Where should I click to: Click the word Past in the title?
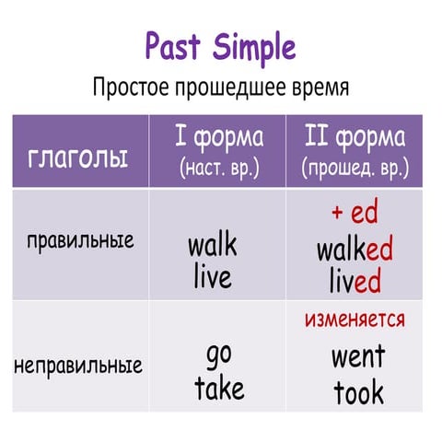(x=175, y=45)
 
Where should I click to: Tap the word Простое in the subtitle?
(x=134, y=88)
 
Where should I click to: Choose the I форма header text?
(x=218, y=138)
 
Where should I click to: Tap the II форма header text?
(x=355, y=138)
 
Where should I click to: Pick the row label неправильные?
(x=78, y=365)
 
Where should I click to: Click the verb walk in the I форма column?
(x=212, y=246)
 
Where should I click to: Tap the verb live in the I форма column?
(x=212, y=276)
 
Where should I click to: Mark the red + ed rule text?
(x=355, y=214)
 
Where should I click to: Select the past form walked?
(x=355, y=250)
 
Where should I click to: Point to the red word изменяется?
(x=355, y=320)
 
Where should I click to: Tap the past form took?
(x=358, y=393)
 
